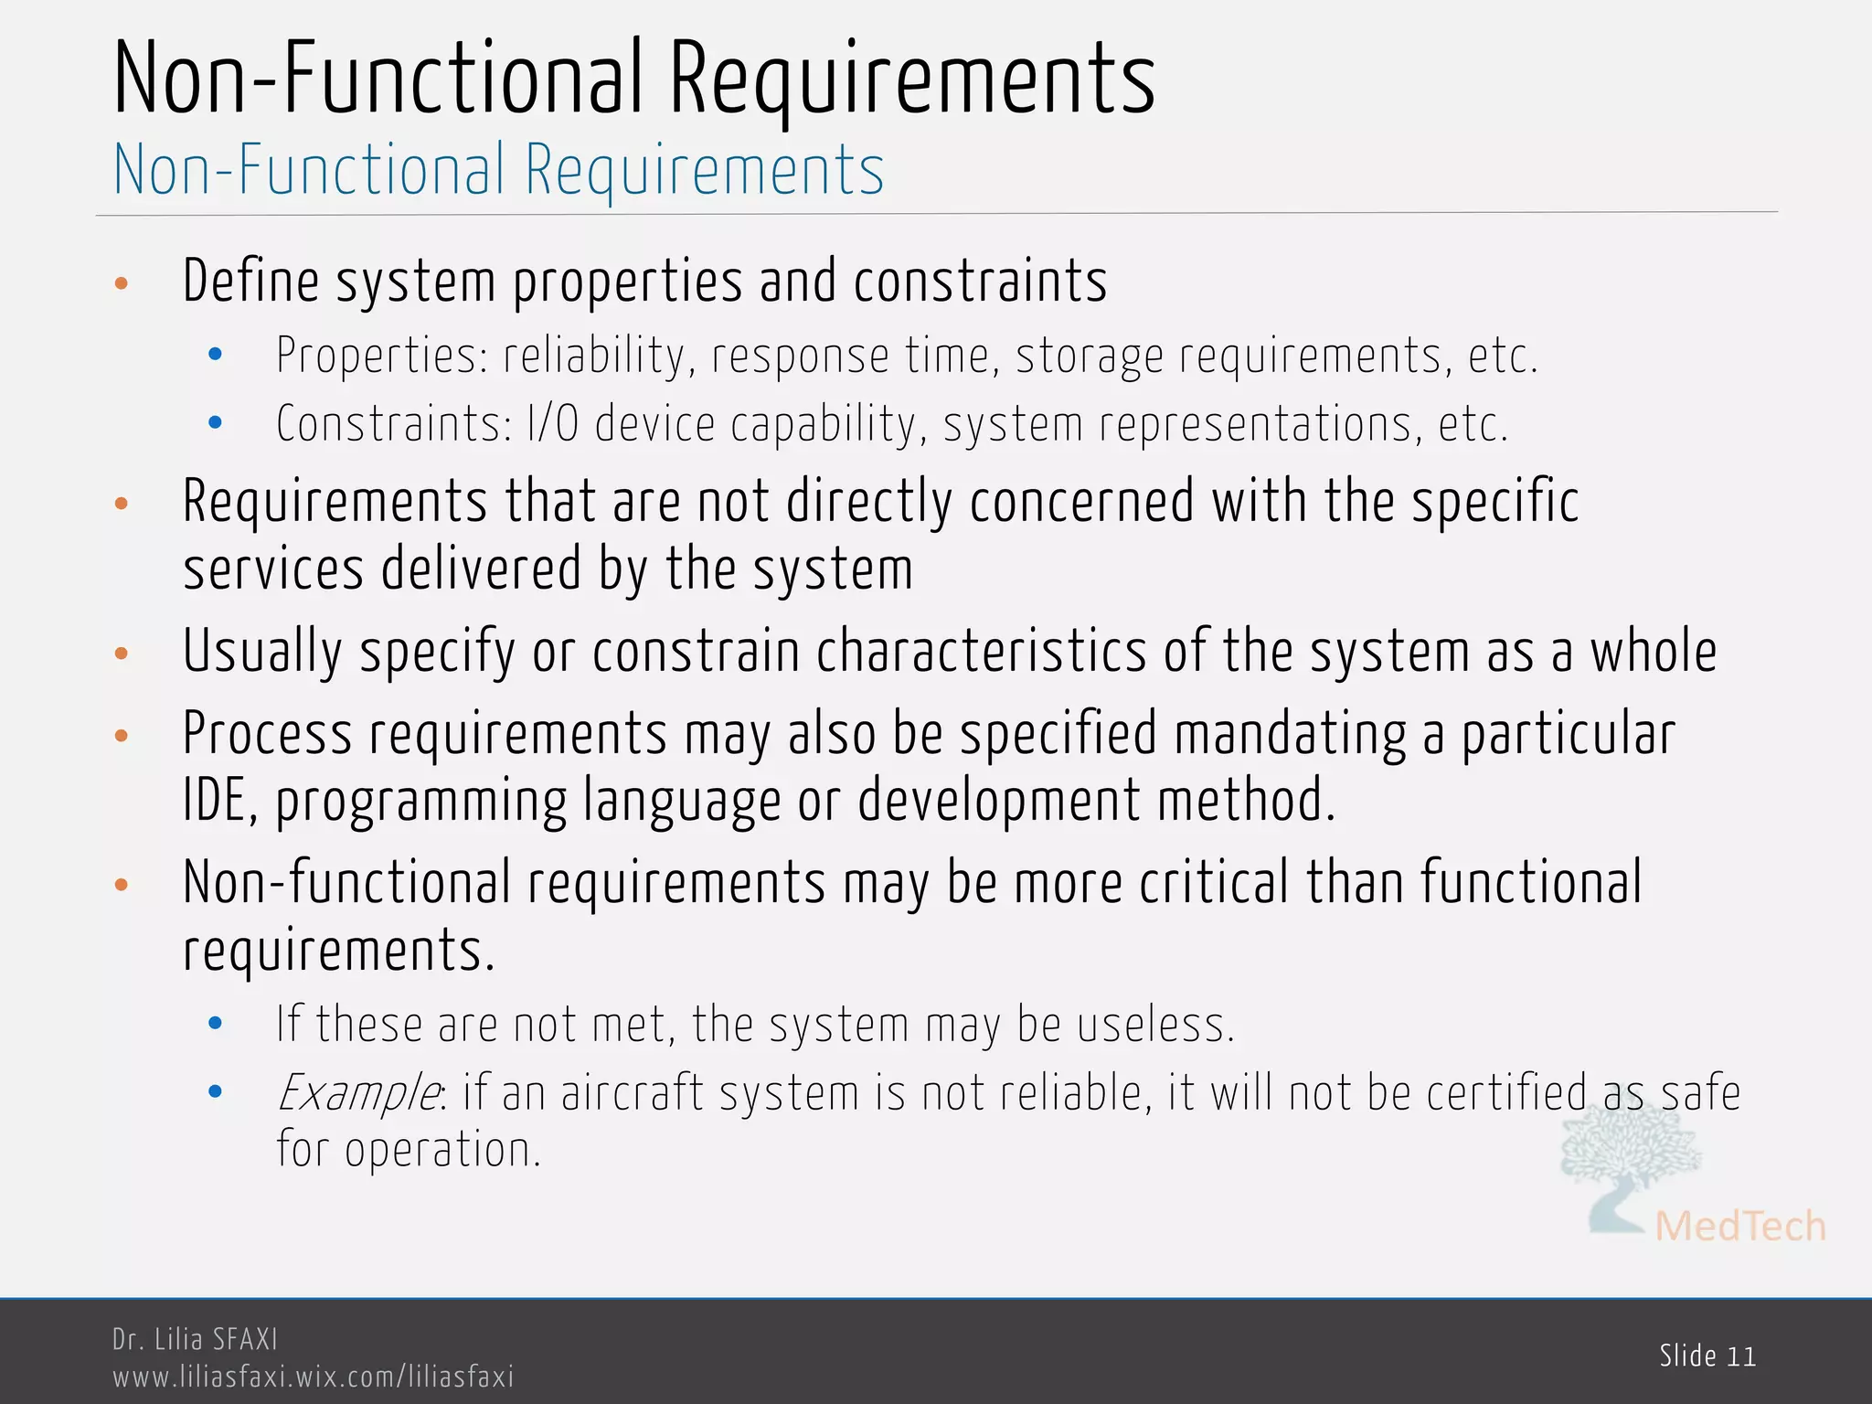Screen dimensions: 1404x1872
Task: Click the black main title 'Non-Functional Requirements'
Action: (634, 80)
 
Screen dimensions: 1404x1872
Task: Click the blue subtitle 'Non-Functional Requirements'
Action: (499, 171)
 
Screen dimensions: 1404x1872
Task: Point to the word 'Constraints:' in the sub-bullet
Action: (394, 424)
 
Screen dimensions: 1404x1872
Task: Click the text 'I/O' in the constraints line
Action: (553, 424)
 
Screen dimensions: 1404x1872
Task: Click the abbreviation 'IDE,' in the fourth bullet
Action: (220, 801)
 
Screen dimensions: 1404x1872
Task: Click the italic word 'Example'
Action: (358, 1093)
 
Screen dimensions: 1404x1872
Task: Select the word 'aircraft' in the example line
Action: (633, 1093)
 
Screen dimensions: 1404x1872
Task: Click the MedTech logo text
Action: (1739, 1226)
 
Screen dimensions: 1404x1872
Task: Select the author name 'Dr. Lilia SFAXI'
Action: (195, 1339)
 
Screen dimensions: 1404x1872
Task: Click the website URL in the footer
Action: (313, 1377)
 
